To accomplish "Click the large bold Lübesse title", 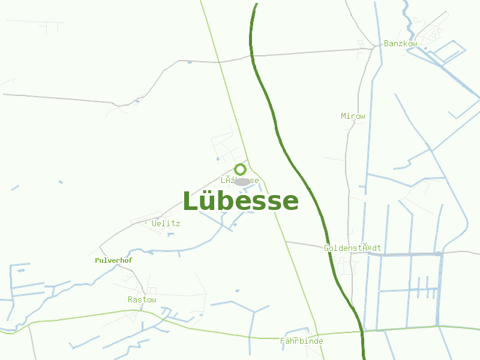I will click(240, 202).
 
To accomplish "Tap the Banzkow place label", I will click(400, 44).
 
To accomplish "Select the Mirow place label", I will click(353, 116).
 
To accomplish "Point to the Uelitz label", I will click(166, 223).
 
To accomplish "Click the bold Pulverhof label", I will click(113, 260).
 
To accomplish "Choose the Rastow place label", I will click(142, 299).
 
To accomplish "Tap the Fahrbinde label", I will click(302, 341).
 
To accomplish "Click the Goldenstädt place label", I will click(352, 248).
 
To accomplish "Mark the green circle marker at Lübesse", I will click(240, 169).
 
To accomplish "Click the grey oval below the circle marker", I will click(242, 182).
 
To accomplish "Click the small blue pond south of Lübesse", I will click(238, 291).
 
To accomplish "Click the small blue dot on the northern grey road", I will click(190, 62).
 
